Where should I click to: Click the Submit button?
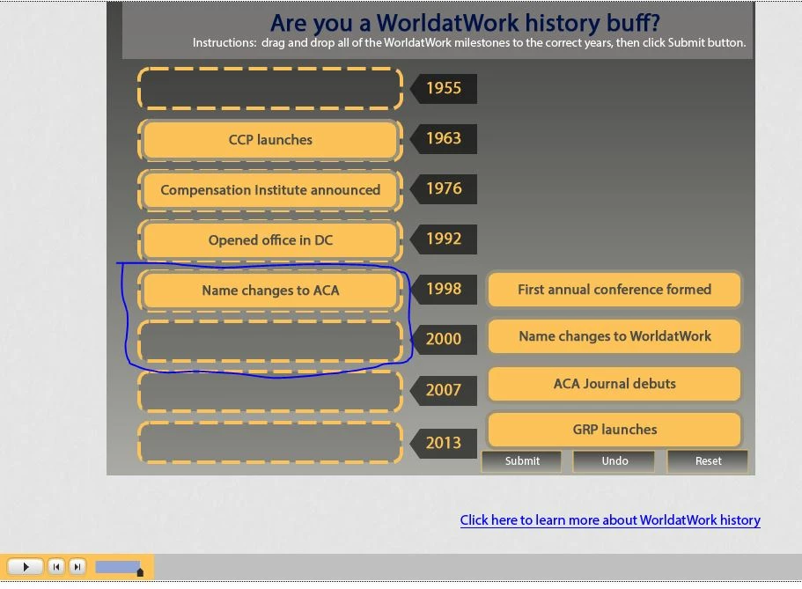tap(522, 461)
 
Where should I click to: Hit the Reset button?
tap(708, 461)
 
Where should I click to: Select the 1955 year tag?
tap(444, 89)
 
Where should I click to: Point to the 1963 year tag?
tap(444, 139)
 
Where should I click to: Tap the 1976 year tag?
tap(444, 188)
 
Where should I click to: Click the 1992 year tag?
tap(444, 239)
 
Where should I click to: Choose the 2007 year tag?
tap(444, 390)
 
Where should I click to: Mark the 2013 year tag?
tap(444, 443)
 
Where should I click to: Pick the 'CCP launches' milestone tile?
tap(270, 140)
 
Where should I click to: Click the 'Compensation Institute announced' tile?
tap(270, 190)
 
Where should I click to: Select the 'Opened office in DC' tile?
tap(270, 240)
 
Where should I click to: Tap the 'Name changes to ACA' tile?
tap(270, 291)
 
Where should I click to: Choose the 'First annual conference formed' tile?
tap(614, 290)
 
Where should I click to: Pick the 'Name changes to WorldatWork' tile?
tap(614, 336)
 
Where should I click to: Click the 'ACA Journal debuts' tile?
tap(614, 384)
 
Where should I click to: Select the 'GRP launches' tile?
tap(614, 430)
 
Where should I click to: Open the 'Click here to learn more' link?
tap(610, 520)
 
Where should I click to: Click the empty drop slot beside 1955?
tap(270, 89)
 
